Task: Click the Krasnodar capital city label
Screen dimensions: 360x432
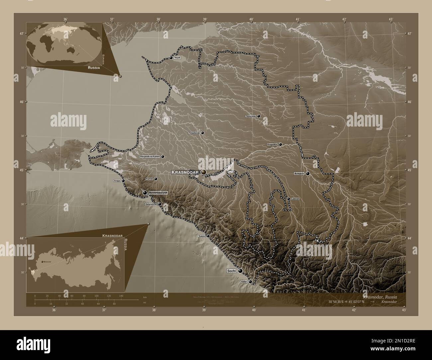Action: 185,172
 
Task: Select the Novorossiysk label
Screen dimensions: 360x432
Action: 158,193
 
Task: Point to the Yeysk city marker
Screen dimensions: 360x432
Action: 171,58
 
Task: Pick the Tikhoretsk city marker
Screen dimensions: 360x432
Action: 259,116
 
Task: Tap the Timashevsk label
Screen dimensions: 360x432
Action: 194,133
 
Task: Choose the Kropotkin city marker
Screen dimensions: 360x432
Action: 280,144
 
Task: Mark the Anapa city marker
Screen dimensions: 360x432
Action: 123,181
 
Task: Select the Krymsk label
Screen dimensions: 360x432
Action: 149,179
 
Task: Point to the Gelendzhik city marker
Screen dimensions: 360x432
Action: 160,204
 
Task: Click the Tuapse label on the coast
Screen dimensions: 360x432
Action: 202,236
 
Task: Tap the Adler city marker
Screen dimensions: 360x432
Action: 250,282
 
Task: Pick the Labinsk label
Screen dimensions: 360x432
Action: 295,199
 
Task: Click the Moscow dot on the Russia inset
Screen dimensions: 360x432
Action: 42,262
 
